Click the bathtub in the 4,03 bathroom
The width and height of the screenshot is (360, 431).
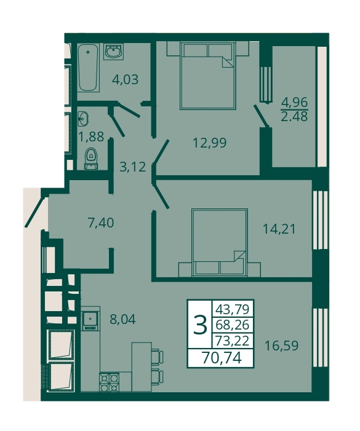(x=88, y=68)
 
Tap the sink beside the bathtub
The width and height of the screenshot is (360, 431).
(x=114, y=52)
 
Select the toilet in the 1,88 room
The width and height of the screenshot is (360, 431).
(x=90, y=159)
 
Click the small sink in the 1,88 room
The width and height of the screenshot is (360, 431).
(x=82, y=119)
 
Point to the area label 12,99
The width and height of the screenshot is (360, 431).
(x=210, y=143)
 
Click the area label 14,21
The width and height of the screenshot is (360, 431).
(x=279, y=229)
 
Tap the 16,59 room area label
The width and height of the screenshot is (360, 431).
(x=281, y=346)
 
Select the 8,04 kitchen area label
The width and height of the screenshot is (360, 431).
(x=122, y=320)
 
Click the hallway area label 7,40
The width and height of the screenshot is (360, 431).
(x=100, y=223)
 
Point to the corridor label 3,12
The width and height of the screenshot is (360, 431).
(x=132, y=167)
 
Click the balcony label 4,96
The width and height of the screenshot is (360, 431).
(x=294, y=103)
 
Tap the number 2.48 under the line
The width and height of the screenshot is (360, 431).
(x=294, y=117)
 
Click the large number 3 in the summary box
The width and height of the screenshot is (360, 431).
(x=200, y=325)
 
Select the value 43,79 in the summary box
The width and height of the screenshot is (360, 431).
(x=233, y=309)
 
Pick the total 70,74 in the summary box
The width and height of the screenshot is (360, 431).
(x=222, y=358)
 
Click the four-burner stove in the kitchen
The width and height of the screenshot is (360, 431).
(x=109, y=382)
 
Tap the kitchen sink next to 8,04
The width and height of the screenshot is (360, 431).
(x=90, y=321)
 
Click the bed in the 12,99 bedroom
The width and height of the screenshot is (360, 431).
(x=208, y=76)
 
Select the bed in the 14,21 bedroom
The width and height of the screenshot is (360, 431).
(x=220, y=242)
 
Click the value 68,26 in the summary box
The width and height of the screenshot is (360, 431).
(x=233, y=325)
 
